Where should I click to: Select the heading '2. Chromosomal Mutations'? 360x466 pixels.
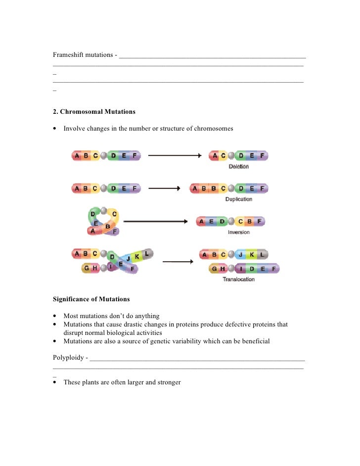[x=94, y=112]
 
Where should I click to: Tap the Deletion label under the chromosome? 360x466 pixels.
[x=239, y=167]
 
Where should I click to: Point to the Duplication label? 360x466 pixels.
[x=239, y=199]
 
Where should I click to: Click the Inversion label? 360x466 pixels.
[x=239, y=232]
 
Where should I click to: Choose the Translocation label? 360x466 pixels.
[x=239, y=279]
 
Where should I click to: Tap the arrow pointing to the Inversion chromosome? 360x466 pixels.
[x=155, y=222]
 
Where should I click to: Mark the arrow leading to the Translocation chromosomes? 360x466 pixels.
[x=177, y=262]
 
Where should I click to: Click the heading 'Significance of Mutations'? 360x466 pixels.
[x=91, y=299]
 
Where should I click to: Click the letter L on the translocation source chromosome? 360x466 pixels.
[x=147, y=254]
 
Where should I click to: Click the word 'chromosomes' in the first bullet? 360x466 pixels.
[x=214, y=129]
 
